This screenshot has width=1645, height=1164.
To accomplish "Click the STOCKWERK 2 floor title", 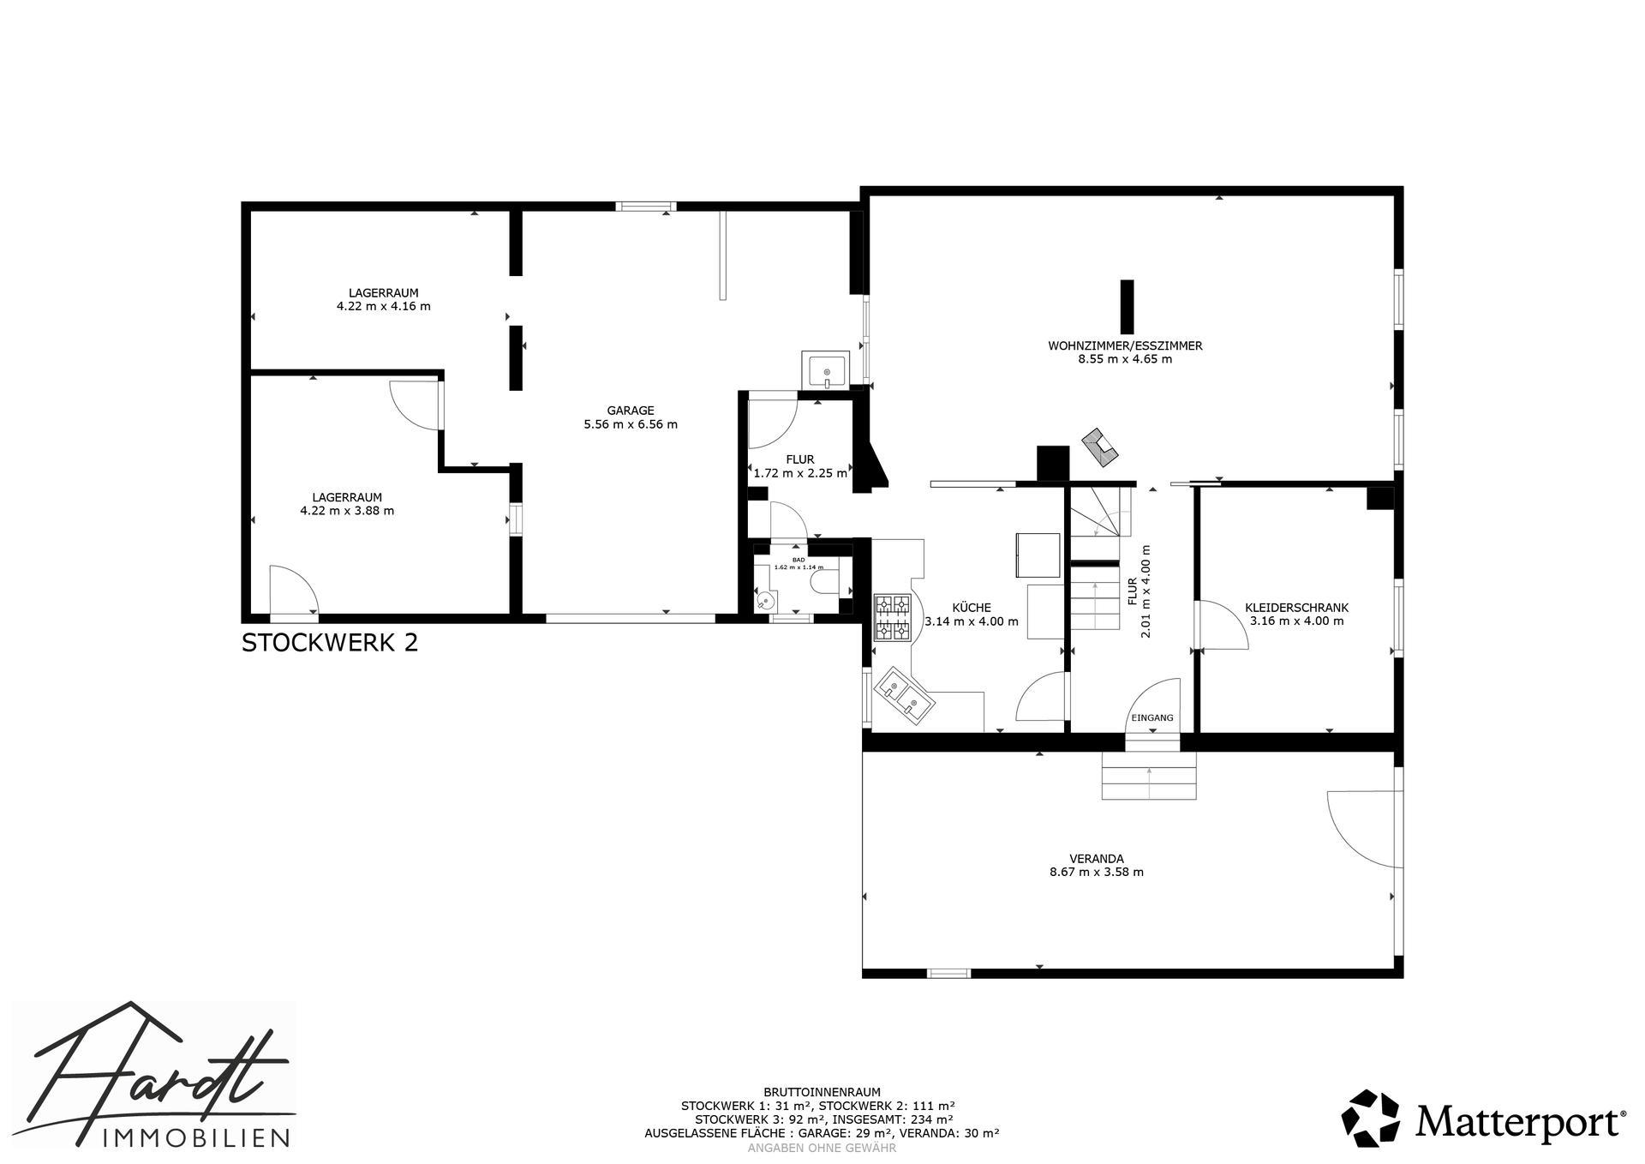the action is [330, 643].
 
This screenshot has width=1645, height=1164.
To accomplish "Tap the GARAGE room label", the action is [631, 411].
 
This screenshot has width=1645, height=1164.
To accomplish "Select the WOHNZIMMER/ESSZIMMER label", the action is [1125, 346].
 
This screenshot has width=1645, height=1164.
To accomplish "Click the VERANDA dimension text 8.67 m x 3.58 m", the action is [1097, 873].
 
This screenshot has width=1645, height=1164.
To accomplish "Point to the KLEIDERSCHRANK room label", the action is [1296, 608].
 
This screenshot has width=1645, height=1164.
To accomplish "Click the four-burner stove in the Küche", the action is [892, 618].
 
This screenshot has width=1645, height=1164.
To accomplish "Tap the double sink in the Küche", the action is [905, 696].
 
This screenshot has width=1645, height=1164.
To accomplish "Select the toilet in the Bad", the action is [823, 584].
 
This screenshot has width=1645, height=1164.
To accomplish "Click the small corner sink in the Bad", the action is [764, 600].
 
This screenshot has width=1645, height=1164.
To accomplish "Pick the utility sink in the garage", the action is [825, 369].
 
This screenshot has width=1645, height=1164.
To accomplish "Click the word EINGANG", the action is [1152, 718].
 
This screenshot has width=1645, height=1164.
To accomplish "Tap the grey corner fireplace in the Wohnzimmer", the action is [1100, 447].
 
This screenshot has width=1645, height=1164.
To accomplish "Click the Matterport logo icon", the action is [1370, 1117].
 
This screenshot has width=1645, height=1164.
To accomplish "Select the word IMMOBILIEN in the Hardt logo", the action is [195, 1137].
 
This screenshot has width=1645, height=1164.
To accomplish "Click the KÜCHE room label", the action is [972, 608].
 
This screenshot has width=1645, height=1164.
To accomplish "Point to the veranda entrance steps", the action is [1148, 776].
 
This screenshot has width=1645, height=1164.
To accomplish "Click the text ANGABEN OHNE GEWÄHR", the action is [822, 1148].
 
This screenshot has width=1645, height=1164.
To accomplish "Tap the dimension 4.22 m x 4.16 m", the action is [383, 306].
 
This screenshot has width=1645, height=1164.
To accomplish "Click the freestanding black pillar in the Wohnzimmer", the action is [1127, 306].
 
